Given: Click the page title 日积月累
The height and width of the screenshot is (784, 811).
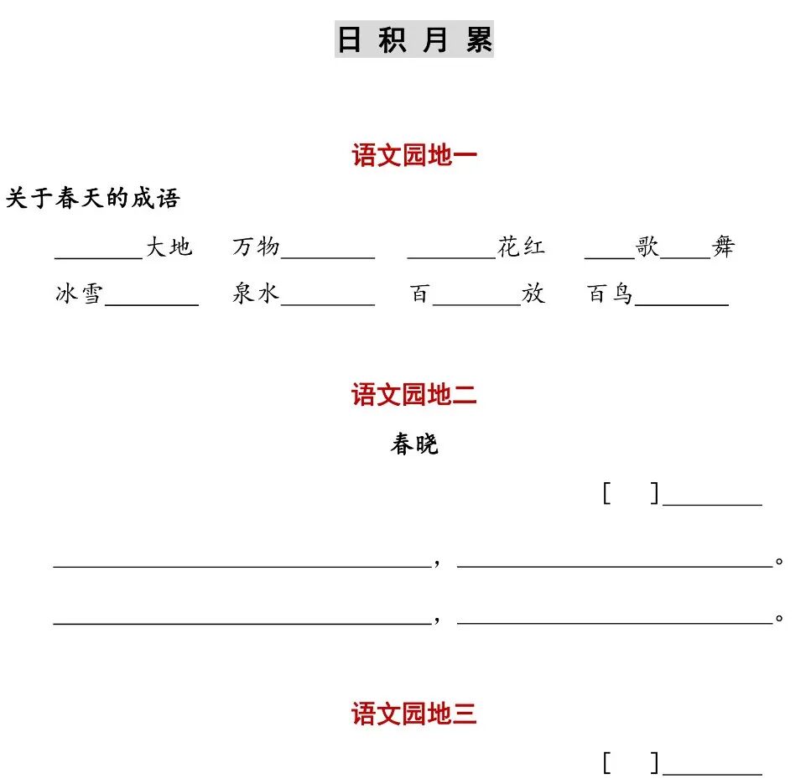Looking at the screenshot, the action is [x=414, y=39].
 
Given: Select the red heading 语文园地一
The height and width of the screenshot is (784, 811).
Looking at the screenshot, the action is [x=414, y=155].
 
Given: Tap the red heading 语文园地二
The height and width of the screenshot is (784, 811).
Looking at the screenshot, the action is [x=414, y=395].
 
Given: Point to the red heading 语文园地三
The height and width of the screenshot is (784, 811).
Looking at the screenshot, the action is [x=414, y=714].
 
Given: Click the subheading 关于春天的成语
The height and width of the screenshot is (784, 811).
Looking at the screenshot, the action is [x=93, y=199].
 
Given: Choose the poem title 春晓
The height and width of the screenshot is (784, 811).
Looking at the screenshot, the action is [x=414, y=444].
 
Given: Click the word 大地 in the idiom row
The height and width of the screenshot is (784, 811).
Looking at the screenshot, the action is [x=169, y=247].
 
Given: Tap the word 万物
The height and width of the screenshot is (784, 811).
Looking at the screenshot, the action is [x=256, y=247].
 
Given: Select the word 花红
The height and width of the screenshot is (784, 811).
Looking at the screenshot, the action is [x=521, y=247].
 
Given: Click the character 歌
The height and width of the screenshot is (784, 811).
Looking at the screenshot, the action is [x=647, y=247].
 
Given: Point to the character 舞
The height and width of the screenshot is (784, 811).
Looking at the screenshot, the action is [x=723, y=247].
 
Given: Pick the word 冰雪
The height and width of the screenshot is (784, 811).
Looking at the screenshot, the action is [x=79, y=294].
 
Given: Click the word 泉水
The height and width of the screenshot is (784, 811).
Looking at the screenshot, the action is [x=256, y=294].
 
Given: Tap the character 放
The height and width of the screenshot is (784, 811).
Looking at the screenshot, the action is [x=533, y=294].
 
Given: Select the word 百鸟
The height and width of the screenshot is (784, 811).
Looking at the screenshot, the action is [x=610, y=294].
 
